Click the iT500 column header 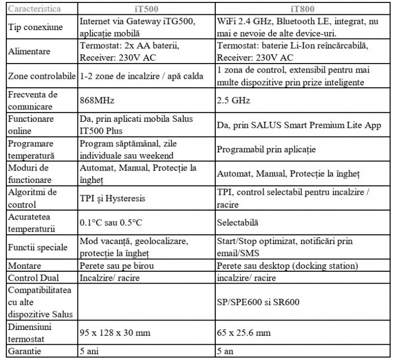(146, 9)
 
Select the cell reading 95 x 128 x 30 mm (115, 333)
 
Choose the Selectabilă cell (237, 222)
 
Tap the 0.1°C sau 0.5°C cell (111, 222)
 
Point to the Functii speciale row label (37, 247)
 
